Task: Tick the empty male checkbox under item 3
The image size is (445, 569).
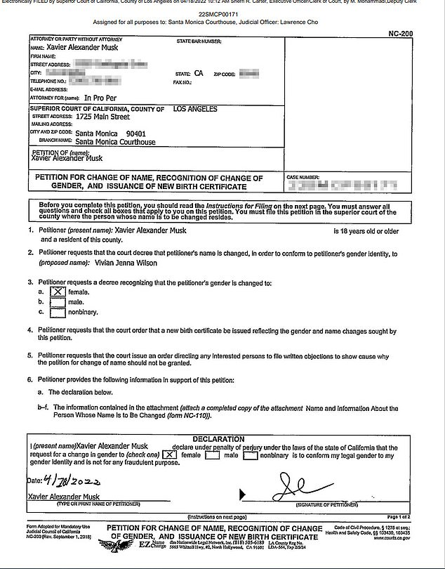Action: tap(59, 301)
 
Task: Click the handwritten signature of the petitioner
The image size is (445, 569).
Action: tap(303, 485)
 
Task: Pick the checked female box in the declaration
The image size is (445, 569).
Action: tap(168, 455)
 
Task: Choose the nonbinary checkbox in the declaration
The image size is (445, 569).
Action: tap(250, 455)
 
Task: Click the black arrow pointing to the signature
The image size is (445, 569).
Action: tap(244, 494)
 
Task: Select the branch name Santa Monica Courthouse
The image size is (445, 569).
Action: tap(115, 140)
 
